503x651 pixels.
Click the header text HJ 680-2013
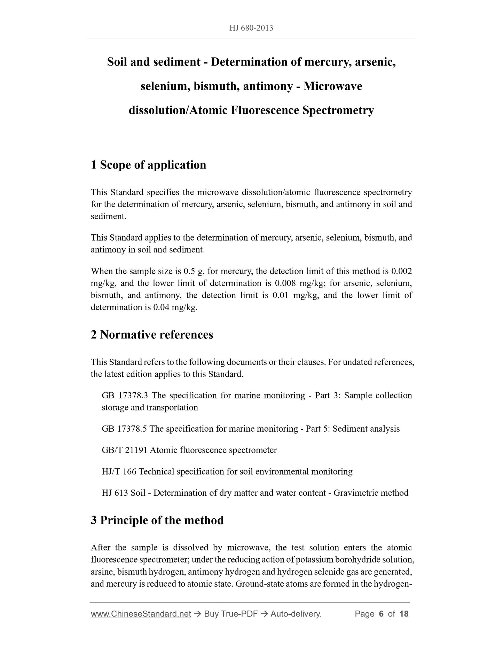point(251,28)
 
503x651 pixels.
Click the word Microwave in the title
point(333,86)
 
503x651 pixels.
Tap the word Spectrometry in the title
point(338,110)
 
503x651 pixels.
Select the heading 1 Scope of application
point(148,165)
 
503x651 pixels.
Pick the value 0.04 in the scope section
point(160,307)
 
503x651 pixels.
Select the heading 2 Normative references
point(152,335)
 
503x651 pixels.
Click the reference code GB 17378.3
point(125,395)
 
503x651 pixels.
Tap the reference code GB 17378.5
point(125,429)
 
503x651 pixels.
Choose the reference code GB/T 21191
point(125,450)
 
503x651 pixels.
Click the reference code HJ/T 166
point(119,472)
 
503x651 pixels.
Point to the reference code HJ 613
point(115,493)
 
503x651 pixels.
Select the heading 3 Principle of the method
point(157,520)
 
